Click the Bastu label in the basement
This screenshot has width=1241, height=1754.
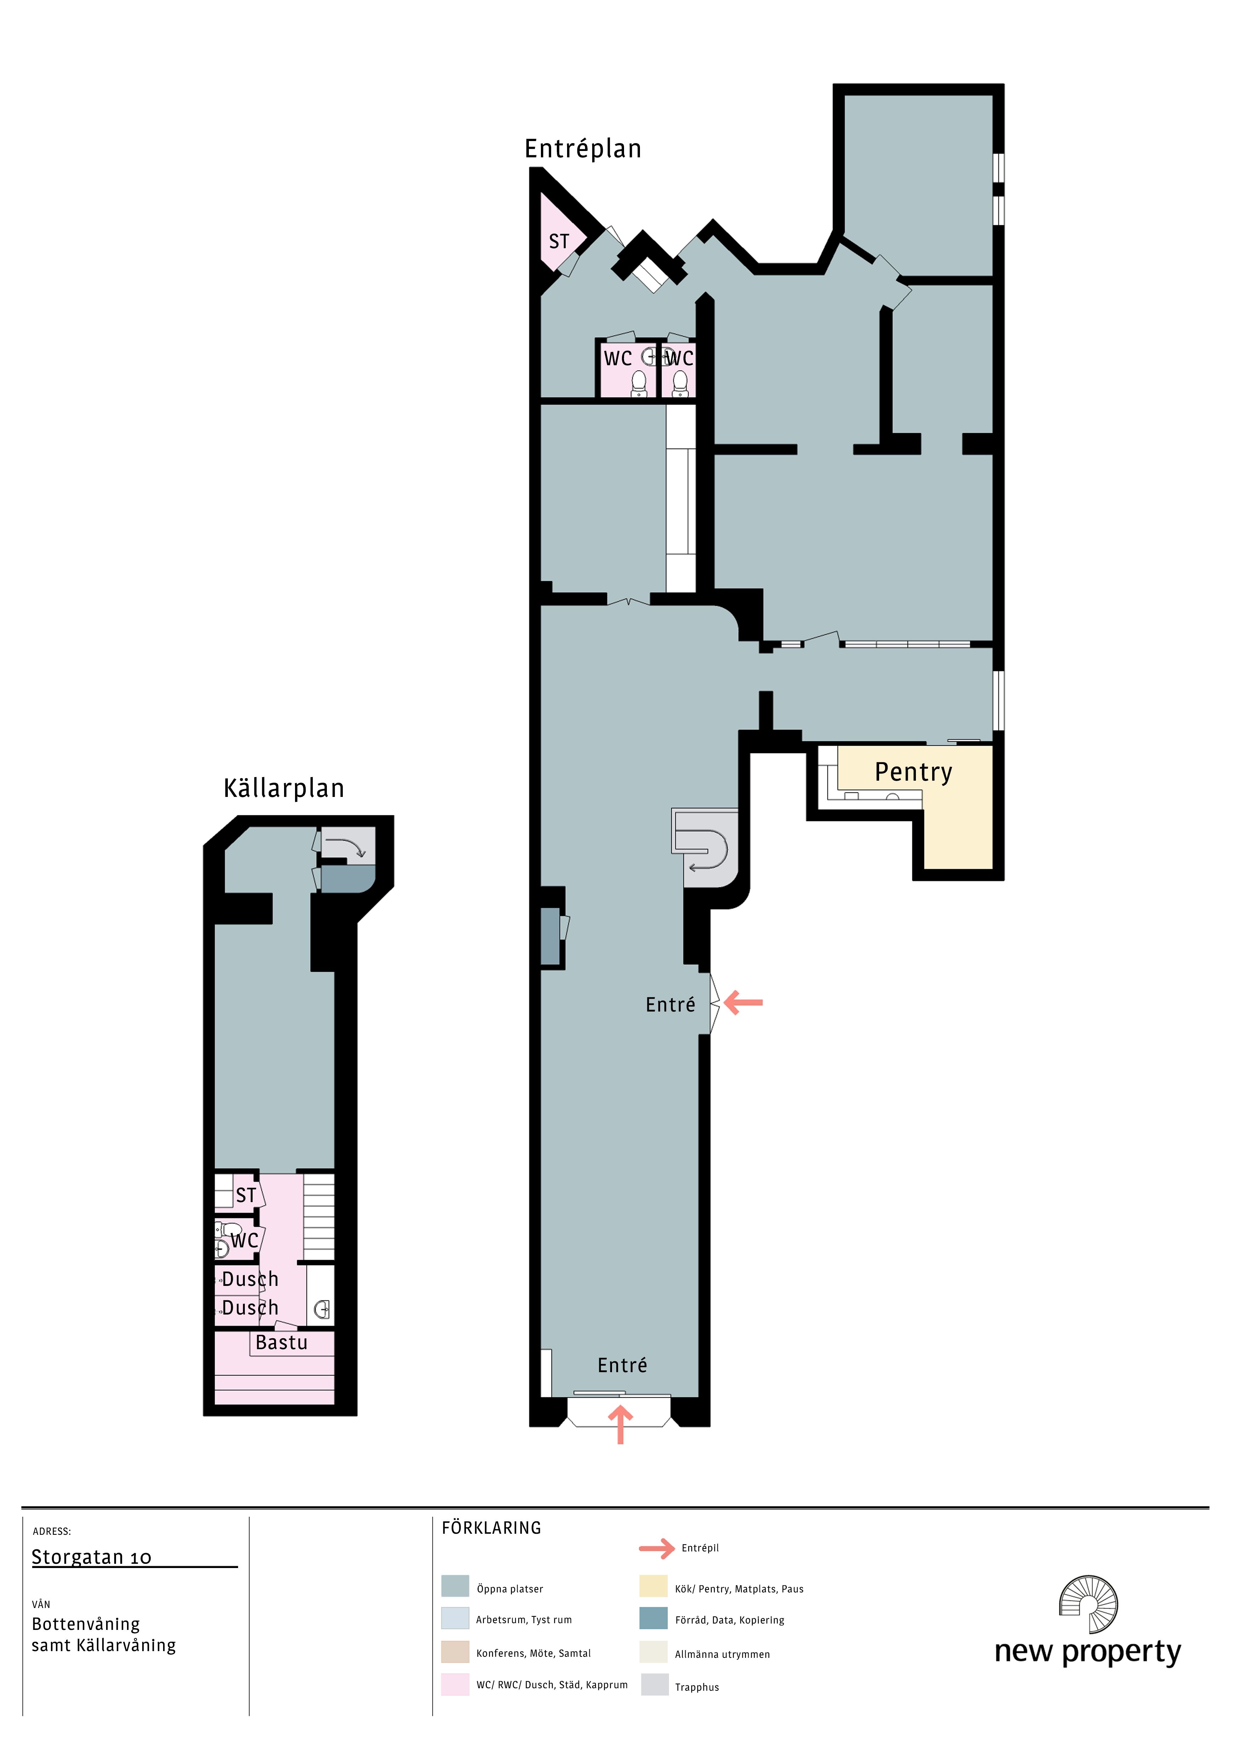click(281, 1342)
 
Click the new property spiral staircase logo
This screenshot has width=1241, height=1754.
click(1088, 1604)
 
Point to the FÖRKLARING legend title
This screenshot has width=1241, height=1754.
click(491, 1528)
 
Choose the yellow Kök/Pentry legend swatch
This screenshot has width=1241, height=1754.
click(653, 1586)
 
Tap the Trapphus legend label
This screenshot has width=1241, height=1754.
click(697, 1687)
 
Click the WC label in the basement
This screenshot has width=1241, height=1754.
click(244, 1241)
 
